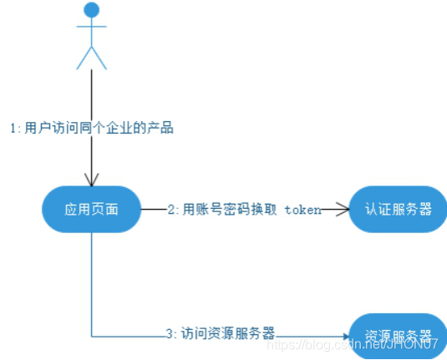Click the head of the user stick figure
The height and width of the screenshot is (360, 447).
tap(92, 10)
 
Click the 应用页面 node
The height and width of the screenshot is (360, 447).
tap(92, 209)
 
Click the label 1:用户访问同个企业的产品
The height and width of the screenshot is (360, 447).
tap(92, 129)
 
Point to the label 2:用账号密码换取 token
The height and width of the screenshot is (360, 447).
tap(244, 210)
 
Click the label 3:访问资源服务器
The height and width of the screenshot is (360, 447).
tap(220, 333)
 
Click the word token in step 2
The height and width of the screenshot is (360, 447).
tap(302, 210)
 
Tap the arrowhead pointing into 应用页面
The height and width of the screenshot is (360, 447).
tap(92, 180)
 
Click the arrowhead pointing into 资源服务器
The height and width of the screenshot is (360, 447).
tap(343, 337)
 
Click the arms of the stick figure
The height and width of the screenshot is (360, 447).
tap(92, 27)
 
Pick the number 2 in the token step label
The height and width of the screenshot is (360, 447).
tap(171, 210)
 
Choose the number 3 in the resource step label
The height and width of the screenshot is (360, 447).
tap(168, 333)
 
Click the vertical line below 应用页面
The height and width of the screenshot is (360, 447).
tap(92, 284)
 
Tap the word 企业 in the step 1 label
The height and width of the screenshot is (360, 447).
tap(123, 129)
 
